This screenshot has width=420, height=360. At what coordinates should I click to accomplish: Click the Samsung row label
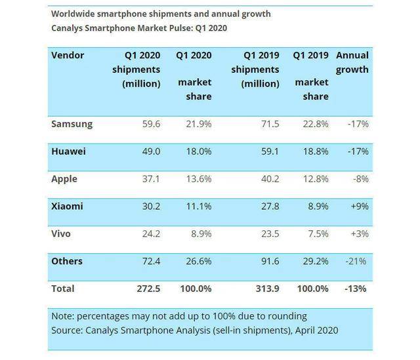point(72,124)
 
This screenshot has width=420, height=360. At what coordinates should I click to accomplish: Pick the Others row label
point(67,261)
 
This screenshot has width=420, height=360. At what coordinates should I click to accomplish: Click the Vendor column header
point(68,55)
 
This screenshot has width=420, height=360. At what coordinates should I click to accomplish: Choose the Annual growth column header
point(352,62)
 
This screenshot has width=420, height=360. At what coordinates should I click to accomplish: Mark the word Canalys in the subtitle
point(70,28)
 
